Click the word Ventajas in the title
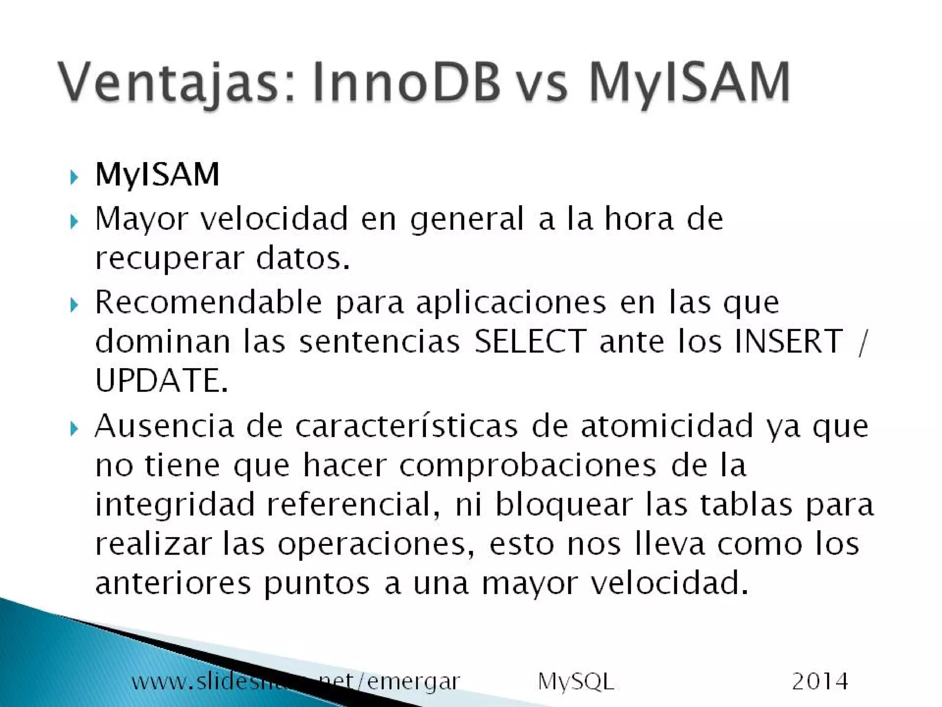[168, 83]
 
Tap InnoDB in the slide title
[406, 83]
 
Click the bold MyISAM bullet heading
[157, 175]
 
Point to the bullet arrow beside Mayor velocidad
[74, 222]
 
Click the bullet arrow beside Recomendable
[74, 305]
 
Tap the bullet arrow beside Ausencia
[74, 429]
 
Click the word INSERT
[788, 341]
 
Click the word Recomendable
[208, 302]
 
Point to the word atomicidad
[666, 426]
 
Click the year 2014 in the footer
[820, 681]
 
